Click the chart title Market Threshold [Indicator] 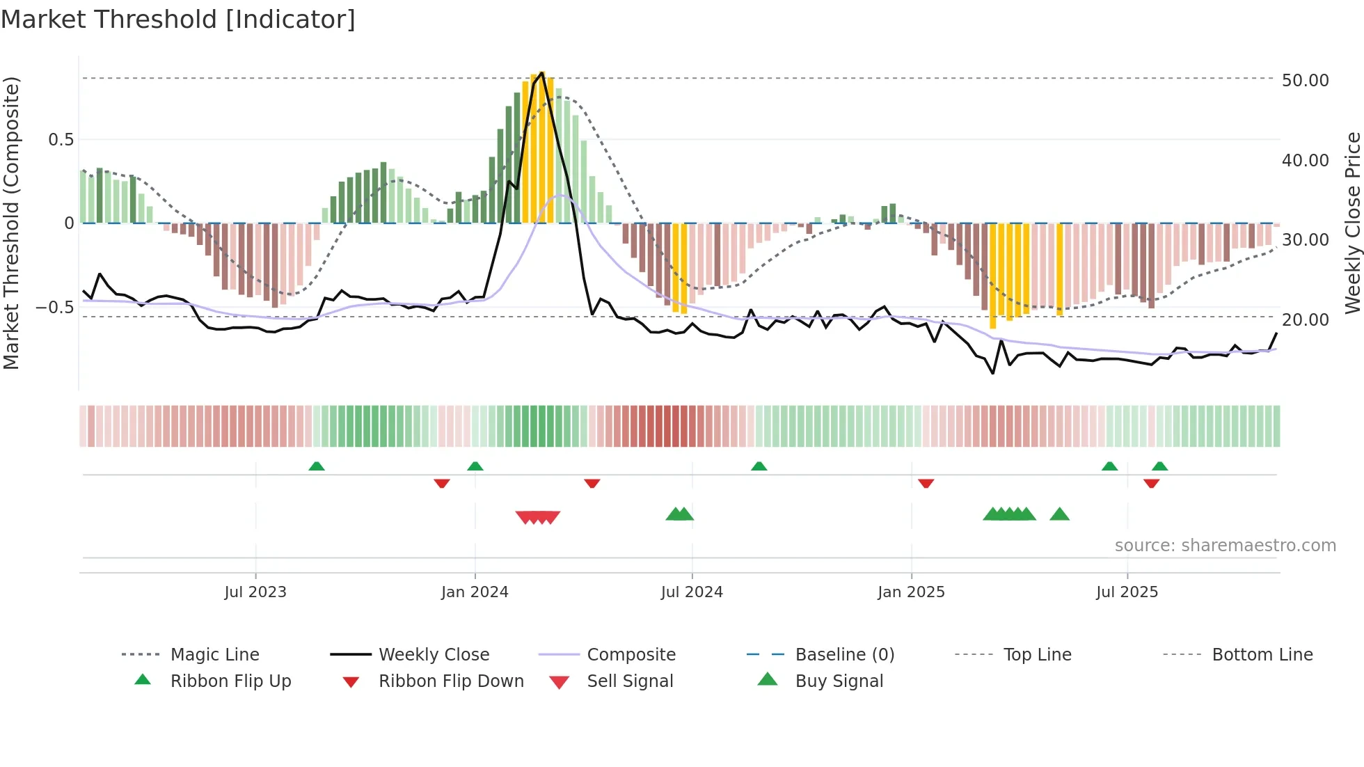point(178,19)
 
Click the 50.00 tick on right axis point(1305,80)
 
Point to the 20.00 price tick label point(1305,319)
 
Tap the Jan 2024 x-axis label point(475,592)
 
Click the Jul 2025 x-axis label point(1127,592)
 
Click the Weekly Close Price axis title point(1351,223)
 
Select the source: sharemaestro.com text point(1225,545)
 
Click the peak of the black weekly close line point(541,72)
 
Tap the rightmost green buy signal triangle point(1059,514)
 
